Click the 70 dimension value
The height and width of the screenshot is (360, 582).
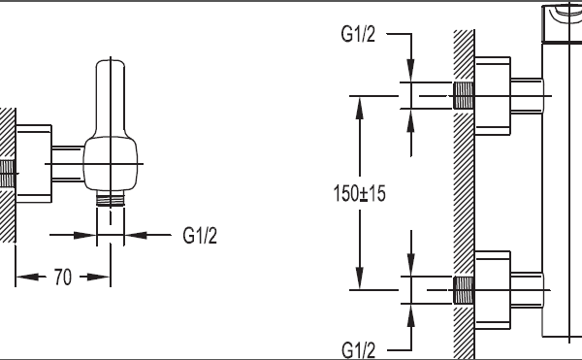point(63,277)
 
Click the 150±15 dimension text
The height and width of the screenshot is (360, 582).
point(360,193)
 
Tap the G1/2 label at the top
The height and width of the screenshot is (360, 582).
point(358,34)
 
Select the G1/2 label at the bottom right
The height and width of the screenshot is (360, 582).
point(359,350)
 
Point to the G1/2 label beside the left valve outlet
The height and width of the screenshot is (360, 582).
point(200,235)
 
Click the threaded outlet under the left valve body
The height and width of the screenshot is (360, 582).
point(111,199)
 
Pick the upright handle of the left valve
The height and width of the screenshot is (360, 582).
point(111,98)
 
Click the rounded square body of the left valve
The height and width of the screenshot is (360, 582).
point(111,164)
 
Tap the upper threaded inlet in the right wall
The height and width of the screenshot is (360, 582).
point(464,96)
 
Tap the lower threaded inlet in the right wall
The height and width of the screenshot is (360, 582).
point(464,290)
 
